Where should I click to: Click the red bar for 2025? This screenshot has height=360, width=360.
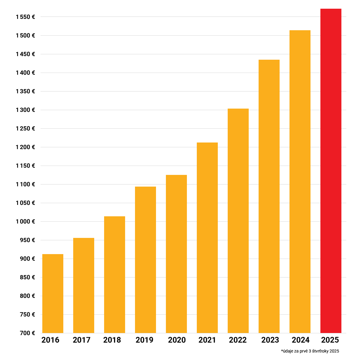click(331, 171)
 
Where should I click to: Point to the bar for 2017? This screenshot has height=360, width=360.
click(84, 285)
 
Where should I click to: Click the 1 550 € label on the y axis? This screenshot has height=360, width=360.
click(25, 17)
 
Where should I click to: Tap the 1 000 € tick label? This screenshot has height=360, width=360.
click(25, 222)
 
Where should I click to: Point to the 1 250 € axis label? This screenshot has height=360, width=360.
click(25, 129)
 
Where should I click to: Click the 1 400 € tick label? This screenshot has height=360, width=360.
click(25, 73)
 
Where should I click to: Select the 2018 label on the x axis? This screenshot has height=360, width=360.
click(112, 340)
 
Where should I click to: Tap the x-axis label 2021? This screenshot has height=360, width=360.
click(207, 340)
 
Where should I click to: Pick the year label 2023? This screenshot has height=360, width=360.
click(270, 340)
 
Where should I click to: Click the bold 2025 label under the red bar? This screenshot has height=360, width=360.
click(330, 340)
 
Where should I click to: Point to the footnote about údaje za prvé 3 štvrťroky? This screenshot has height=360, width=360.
click(310, 351)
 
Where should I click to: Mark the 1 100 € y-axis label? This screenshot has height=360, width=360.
click(25, 184)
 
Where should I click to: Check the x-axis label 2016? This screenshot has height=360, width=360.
click(50, 340)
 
